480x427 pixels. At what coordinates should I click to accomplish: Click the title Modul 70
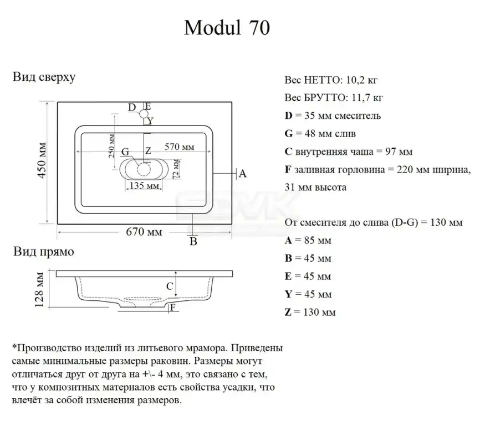click(x=227, y=28)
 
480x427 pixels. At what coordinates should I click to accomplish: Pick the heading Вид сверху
click(x=44, y=77)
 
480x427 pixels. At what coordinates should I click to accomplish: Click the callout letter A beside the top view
click(x=242, y=174)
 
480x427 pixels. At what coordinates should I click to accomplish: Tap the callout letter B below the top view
click(x=193, y=241)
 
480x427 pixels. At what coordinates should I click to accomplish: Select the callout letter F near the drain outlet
click(x=173, y=308)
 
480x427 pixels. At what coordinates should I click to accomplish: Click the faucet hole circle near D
click(x=144, y=114)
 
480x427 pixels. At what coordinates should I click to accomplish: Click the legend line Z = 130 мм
click(x=310, y=312)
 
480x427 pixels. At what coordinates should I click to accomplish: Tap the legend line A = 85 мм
click(x=308, y=241)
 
